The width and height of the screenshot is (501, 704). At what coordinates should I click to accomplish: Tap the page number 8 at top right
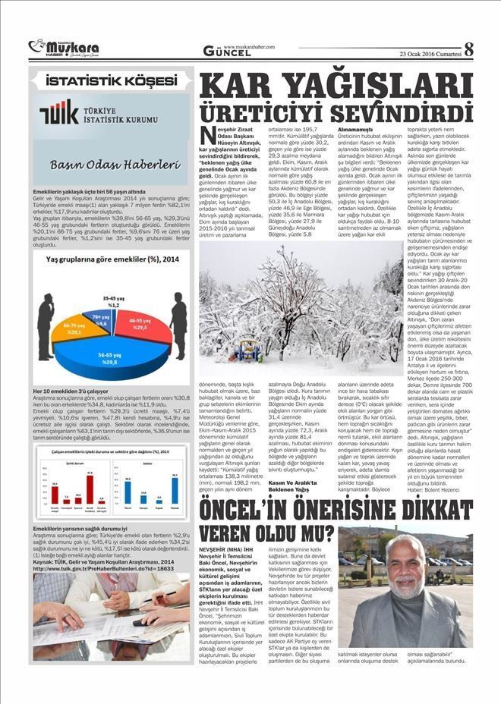(x=469, y=49)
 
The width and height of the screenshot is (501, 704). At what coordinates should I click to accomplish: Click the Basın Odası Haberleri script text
(x=110, y=164)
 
